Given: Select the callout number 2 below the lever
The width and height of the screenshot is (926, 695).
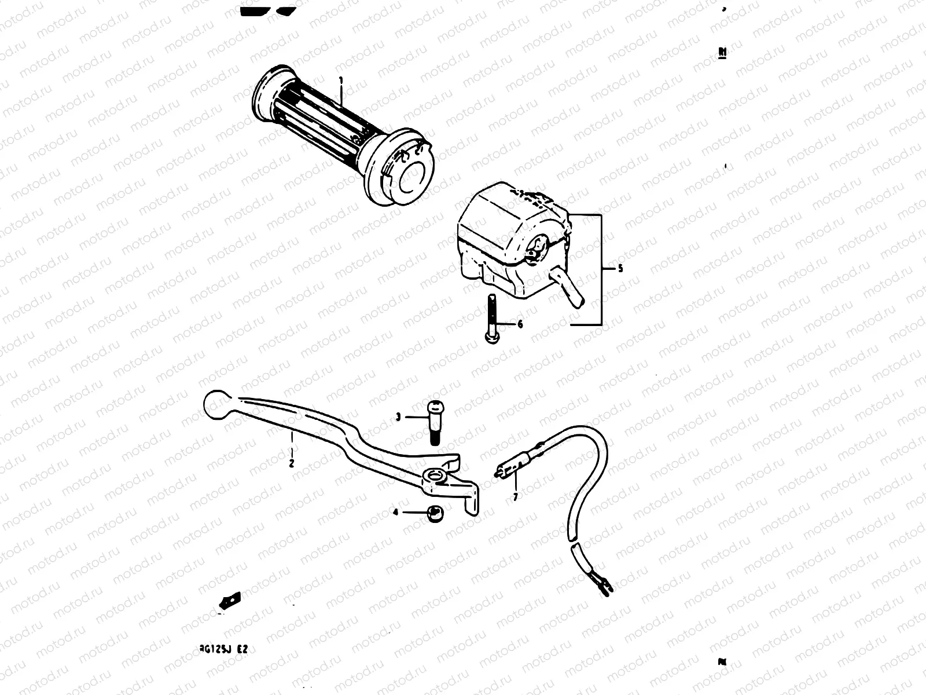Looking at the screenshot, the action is click(292, 463).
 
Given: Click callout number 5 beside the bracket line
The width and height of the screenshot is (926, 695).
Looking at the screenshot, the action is click(620, 269).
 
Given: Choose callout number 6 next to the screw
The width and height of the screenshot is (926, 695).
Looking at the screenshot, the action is click(520, 325).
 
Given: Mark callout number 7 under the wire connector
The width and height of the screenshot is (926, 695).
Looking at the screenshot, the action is click(515, 496).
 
